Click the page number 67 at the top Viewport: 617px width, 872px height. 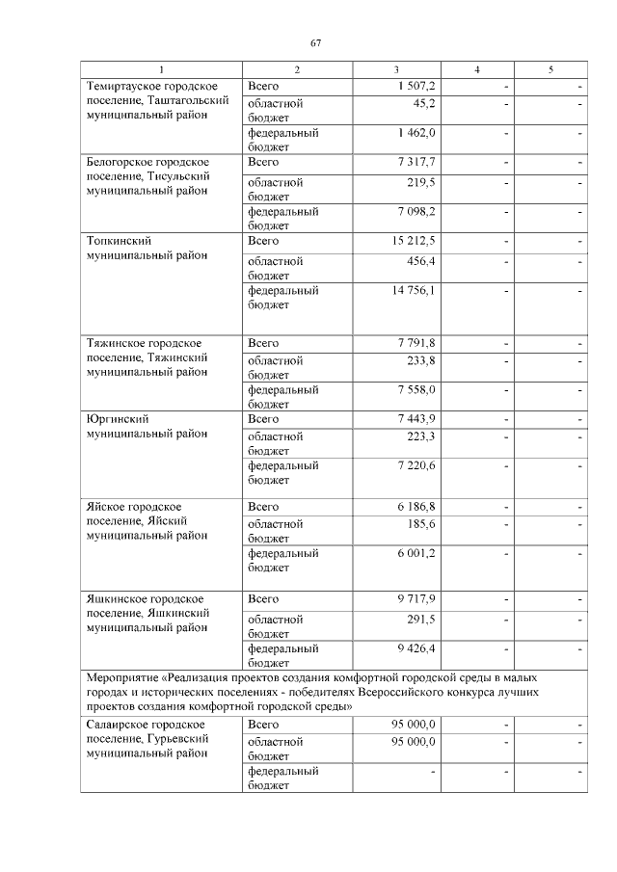point(315,43)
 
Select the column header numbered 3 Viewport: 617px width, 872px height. point(395,70)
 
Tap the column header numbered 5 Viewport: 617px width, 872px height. point(550,70)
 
